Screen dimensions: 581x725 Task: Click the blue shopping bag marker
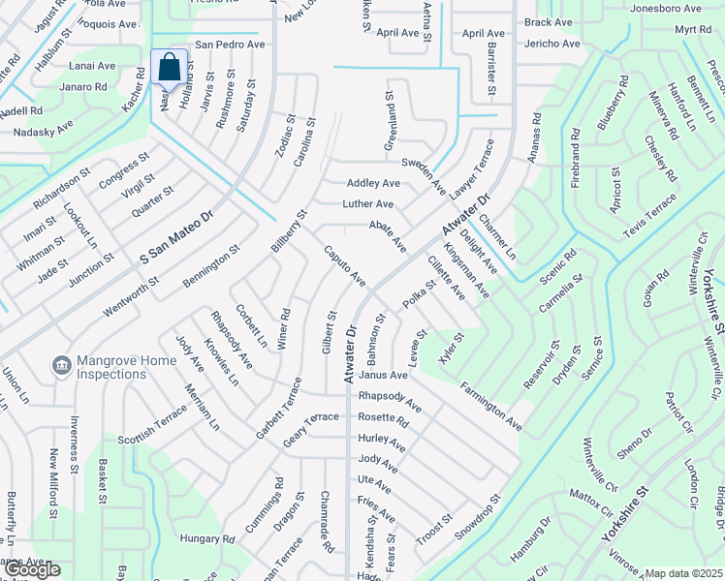click(x=169, y=69)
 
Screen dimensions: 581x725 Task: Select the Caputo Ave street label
click(x=344, y=264)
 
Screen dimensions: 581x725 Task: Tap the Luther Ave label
click(x=367, y=204)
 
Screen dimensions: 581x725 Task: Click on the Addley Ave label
click(x=373, y=183)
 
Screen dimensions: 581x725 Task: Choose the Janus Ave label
click(x=383, y=375)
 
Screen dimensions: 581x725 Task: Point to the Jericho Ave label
click(x=552, y=44)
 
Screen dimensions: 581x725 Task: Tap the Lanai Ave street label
click(x=92, y=66)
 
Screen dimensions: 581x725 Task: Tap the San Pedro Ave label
click(x=230, y=45)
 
